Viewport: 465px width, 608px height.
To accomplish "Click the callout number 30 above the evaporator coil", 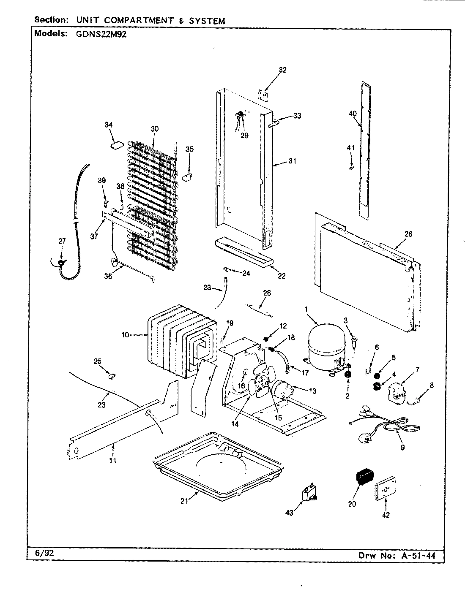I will (x=155, y=129).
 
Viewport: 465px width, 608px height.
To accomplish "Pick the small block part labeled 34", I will (x=116, y=145).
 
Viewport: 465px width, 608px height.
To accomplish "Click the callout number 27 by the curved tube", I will (x=62, y=241).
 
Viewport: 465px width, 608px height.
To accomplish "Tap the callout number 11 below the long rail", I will (x=112, y=460).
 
